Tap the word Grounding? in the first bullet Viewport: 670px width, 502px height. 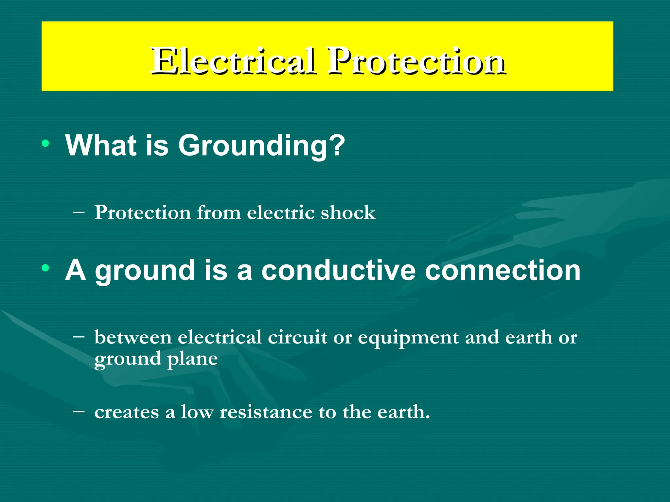[261, 145]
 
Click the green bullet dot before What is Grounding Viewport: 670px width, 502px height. [45, 143]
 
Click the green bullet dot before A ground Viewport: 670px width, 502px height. [45, 268]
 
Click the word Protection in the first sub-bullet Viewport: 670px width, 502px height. [142, 213]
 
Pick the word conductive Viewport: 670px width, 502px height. [338, 270]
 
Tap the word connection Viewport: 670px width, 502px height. [502, 270]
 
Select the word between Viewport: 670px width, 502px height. [133, 338]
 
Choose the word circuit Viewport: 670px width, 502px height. [297, 338]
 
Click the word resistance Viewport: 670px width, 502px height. [266, 412]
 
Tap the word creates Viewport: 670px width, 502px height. [127, 412]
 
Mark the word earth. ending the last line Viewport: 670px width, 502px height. [403, 412]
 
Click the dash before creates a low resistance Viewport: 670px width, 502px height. [79, 411]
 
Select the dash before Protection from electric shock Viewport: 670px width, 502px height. [79, 212]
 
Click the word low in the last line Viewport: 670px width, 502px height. [197, 412]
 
